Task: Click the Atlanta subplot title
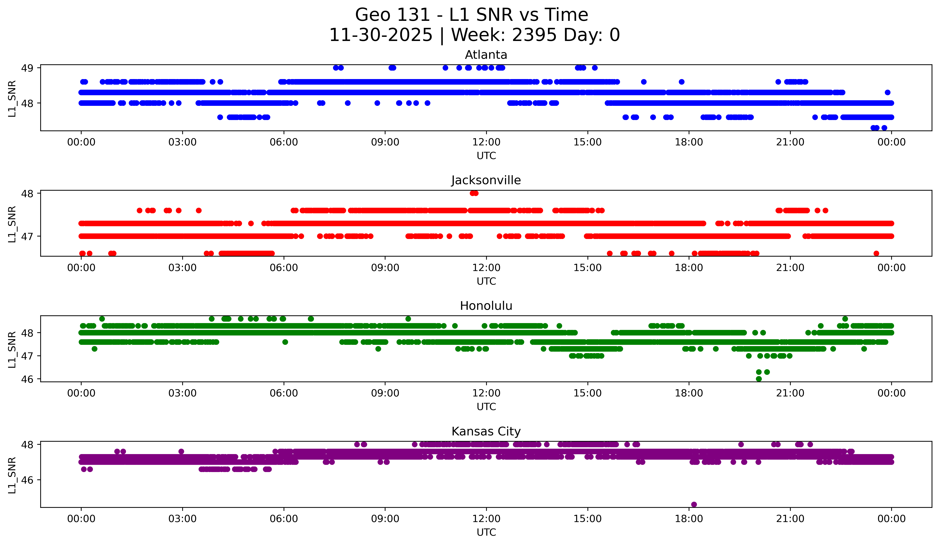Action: tap(486, 55)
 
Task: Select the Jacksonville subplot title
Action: tap(486, 180)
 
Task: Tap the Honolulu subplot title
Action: tap(486, 306)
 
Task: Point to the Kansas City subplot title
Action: tap(486, 431)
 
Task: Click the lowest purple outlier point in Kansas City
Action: tap(694, 504)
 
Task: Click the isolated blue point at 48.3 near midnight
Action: tap(888, 92)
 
